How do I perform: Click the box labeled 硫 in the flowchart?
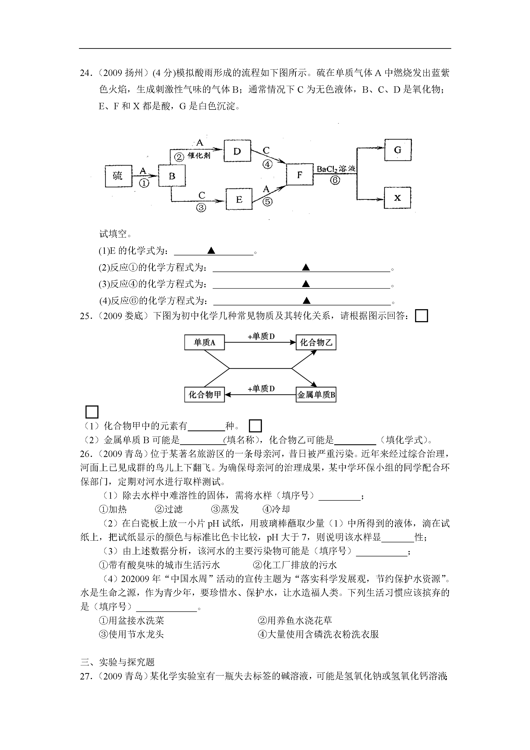coord(118,176)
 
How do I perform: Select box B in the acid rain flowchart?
coord(172,176)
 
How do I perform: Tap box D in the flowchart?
coord(237,151)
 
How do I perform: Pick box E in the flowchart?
coord(239,199)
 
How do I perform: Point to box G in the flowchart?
coord(398,150)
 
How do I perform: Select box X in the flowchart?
coord(397,198)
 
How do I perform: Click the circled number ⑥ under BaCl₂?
coord(335,180)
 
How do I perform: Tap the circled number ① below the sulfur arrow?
coord(144,183)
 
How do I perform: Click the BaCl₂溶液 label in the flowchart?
coord(336,169)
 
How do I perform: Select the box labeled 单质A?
coord(204,342)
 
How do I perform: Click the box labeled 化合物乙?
coord(316,342)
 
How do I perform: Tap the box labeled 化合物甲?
coord(204,395)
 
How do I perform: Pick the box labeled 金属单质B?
coord(316,395)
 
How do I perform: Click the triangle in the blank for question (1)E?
coord(211,251)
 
